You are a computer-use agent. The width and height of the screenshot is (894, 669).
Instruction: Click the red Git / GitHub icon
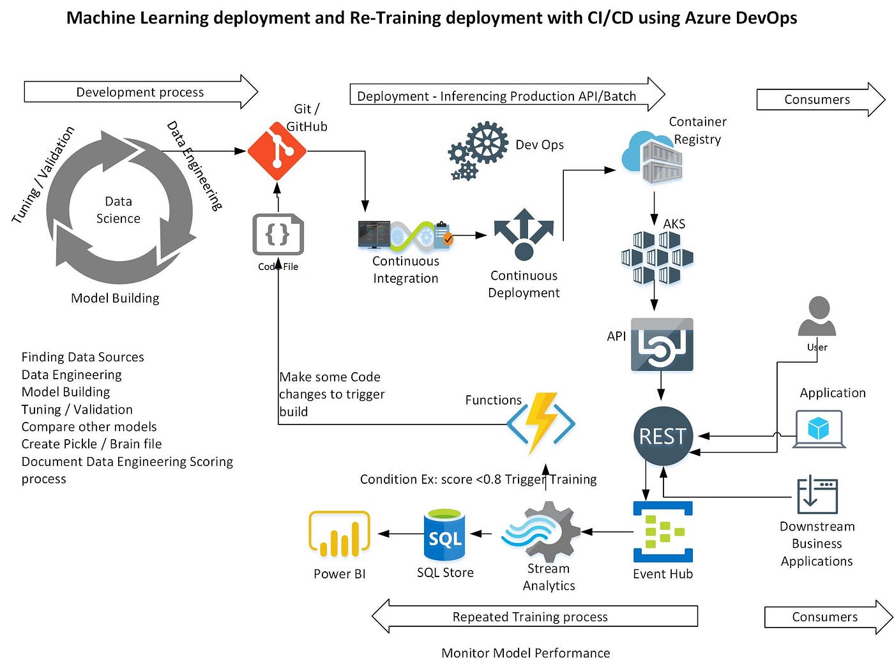[277, 151]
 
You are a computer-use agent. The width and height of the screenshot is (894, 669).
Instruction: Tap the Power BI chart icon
[339, 534]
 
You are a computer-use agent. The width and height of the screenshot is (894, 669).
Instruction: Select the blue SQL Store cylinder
[444, 535]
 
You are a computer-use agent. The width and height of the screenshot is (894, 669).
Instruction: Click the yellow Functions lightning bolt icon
[541, 423]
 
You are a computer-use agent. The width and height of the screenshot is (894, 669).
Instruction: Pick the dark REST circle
[663, 436]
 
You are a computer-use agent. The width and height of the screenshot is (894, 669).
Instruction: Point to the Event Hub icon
[663, 532]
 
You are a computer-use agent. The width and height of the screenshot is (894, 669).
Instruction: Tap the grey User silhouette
[817, 317]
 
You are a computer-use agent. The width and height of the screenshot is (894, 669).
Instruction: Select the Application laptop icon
[819, 429]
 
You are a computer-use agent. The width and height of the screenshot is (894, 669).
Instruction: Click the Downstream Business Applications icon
[817, 495]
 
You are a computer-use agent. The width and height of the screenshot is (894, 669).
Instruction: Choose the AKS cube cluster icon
[657, 258]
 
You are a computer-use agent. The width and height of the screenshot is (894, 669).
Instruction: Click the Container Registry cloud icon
[652, 157]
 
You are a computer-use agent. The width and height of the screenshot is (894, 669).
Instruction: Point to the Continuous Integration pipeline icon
[405, 235]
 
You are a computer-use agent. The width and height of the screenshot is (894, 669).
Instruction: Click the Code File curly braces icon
[278, 234]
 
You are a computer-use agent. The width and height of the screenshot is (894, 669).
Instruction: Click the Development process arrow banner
[140, 92]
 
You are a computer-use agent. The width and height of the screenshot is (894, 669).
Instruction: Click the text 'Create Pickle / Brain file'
[91, 444]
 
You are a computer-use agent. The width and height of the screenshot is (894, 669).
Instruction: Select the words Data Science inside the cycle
[118, 209]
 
